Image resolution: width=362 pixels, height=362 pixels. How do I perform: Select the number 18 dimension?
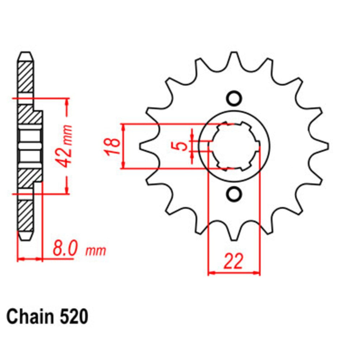(113, 146)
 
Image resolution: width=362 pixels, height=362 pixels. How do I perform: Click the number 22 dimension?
(233, 261)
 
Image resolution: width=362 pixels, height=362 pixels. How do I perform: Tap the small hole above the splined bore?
(234, 98)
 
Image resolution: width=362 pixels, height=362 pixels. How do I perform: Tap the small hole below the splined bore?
(234, 194)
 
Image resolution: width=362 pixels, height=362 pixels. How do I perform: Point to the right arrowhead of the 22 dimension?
(257, 272)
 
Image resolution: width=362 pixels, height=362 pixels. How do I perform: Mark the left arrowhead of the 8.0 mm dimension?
(21, 259)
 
